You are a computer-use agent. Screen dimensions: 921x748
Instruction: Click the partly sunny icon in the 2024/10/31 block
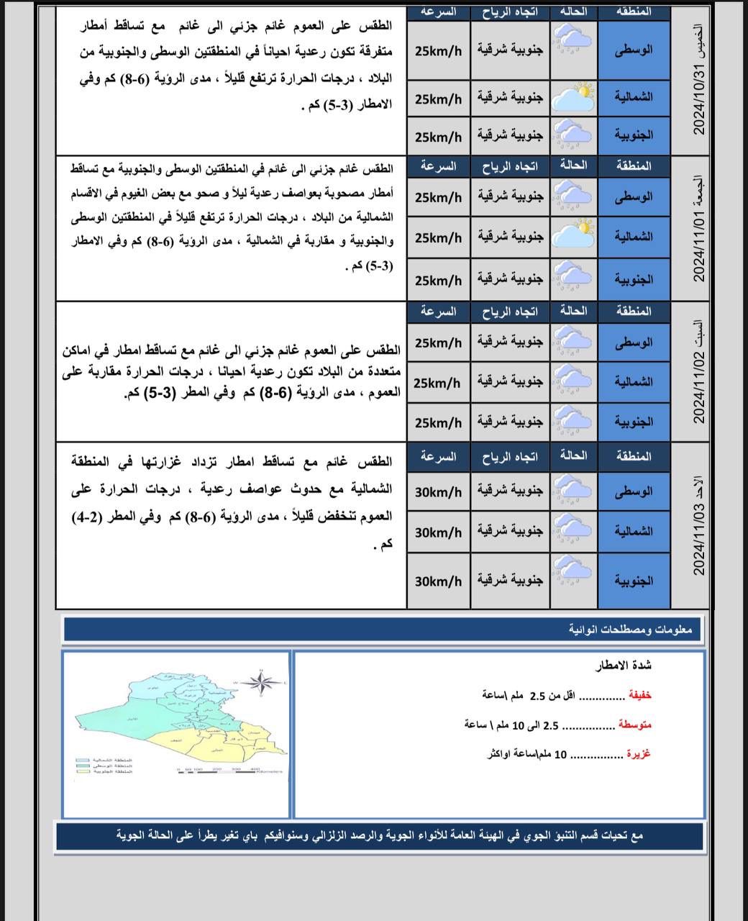point(574,96)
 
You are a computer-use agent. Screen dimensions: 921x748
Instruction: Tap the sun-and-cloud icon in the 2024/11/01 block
point(574,235)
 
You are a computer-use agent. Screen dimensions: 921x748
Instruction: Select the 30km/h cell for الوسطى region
point(438,492)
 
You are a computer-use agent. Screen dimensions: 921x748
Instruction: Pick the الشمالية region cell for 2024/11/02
point(634,382)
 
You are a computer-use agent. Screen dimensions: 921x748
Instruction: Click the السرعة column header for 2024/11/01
point(438,167)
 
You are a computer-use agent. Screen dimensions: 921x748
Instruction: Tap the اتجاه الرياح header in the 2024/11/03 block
point(510,457)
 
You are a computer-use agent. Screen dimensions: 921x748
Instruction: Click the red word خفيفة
point(640,696)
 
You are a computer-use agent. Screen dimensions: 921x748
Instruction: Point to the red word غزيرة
point(639,754)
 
